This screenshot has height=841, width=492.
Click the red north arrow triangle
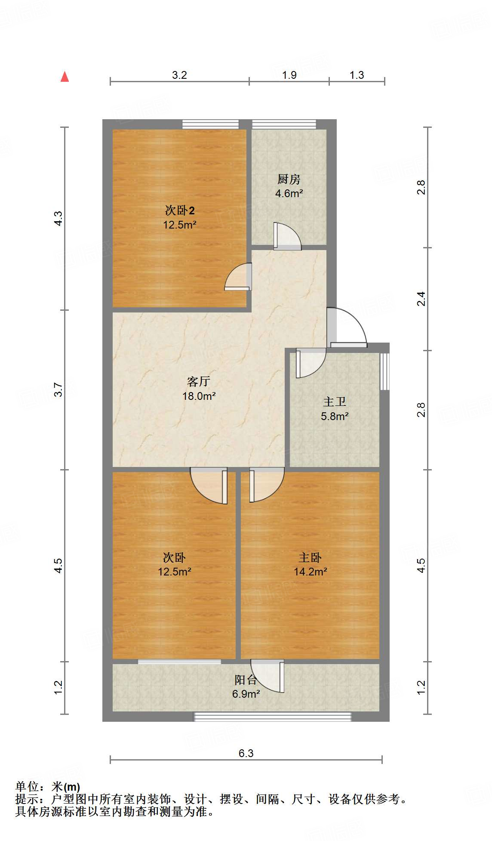pyautogui.click(x=65, y=77)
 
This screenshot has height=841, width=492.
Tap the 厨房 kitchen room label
pyautogui.click(x=289, y=179)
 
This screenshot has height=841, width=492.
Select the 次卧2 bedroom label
pyautogui.click(x=180, y=210)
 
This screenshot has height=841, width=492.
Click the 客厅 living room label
pyautogui.click(x=199, y=381)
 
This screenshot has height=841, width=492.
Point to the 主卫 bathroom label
pyautogui.click(x=335, y=402)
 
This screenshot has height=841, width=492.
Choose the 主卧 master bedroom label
pyautogui.click(x=310, y=558)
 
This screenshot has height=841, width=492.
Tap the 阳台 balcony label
pyautogui.click(x=246, y=680)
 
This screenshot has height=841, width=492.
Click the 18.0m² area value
pyautogui.click(x=199, y=396)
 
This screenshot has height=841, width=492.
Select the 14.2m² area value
pyautogui.click(x=310, y=572)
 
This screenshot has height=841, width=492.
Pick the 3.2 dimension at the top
pyautogui.click(x=179, y=75)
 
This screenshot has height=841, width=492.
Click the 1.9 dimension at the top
pyautogui.click(x=289, y=75)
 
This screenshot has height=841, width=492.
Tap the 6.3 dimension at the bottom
pyautogui.click(x=246, y=753)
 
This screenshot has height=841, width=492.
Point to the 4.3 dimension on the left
pyautogui.click(x=58, y=219)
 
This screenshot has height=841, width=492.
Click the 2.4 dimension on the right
pyautogui.click(x=421, y=299)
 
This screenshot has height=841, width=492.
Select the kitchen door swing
pyautogui.click(x=286, y=237)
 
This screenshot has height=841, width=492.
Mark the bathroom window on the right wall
pyautogui.click(x=384, y=371)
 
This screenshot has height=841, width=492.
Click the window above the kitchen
pyautogui.click(x=284, y=124)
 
